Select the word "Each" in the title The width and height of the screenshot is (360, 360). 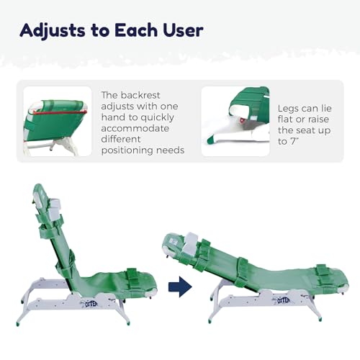coord(140,30)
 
